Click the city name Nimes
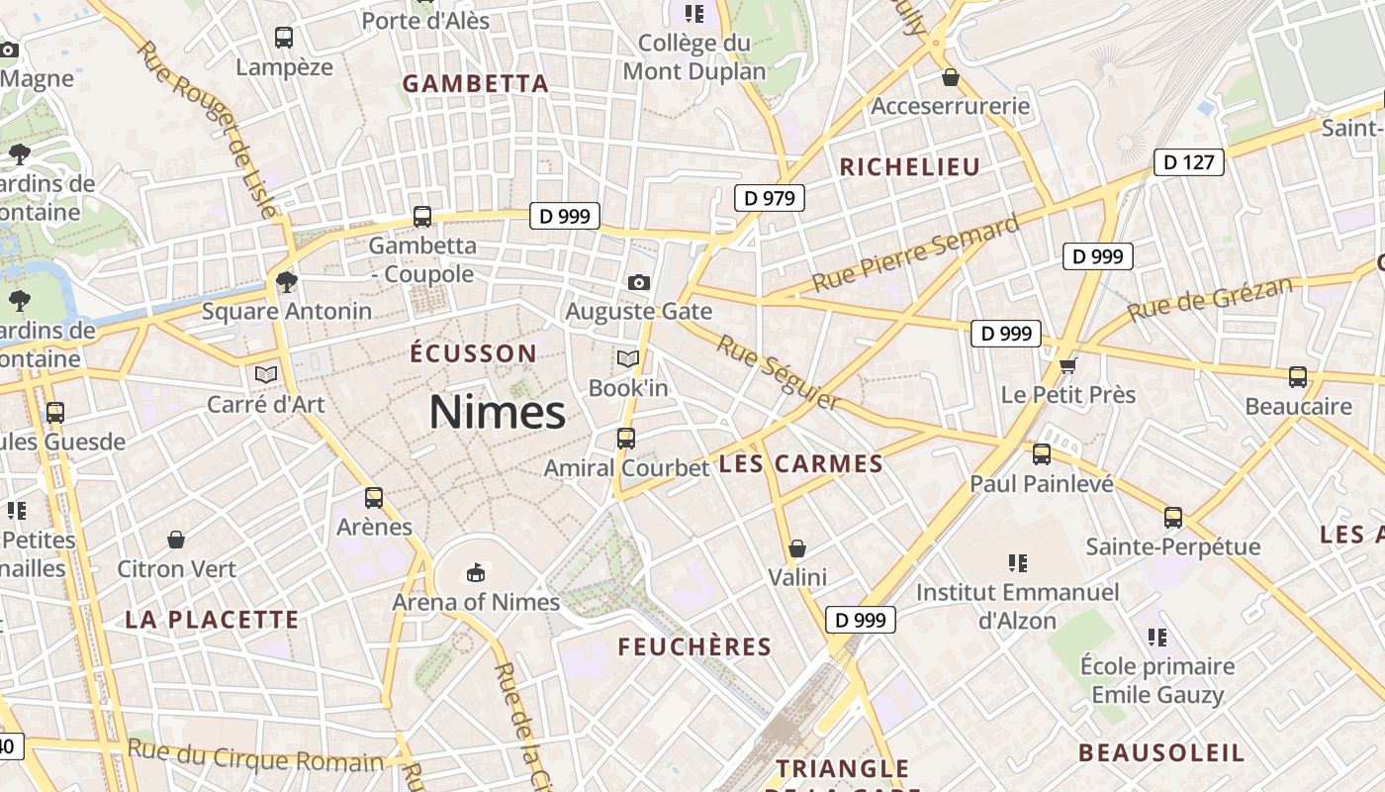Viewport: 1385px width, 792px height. coord(497,412)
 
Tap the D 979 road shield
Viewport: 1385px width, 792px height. coord(769,198)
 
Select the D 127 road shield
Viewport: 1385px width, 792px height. coord(1188,161)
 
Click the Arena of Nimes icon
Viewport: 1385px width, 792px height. coord(476,572)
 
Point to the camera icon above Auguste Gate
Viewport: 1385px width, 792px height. coord(639,283)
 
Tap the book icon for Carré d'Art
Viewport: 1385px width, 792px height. coord(265,374)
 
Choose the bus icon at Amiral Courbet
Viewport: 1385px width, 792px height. coord(626,438)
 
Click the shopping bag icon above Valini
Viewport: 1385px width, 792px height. coord(797,547)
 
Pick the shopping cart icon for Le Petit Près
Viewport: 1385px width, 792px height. coord(1067,366)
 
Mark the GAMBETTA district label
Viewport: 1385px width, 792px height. coord(475,84)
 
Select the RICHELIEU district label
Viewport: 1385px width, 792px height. coord(909,167)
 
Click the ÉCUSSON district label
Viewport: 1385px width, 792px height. coord(473,353)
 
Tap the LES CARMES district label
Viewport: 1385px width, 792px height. coord(800,464)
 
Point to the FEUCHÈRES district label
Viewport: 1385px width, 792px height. coord(694,647)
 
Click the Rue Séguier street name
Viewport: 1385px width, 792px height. coord(779,372)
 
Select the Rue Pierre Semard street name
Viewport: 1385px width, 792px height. coord(915,253)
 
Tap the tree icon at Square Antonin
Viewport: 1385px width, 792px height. coord(287,282)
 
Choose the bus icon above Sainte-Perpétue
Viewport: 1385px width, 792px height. coord(1173,517)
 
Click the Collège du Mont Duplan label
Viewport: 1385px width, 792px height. coord(694,57)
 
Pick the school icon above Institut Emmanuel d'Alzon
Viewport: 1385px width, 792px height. coord(1017,563)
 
